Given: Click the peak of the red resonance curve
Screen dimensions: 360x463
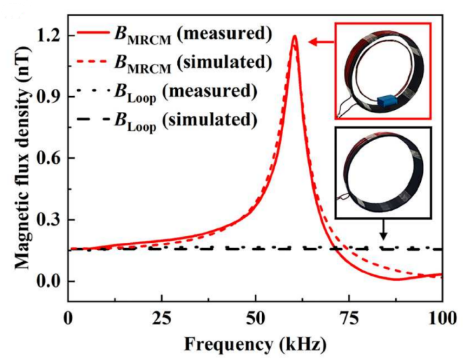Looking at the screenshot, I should (294, 37).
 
